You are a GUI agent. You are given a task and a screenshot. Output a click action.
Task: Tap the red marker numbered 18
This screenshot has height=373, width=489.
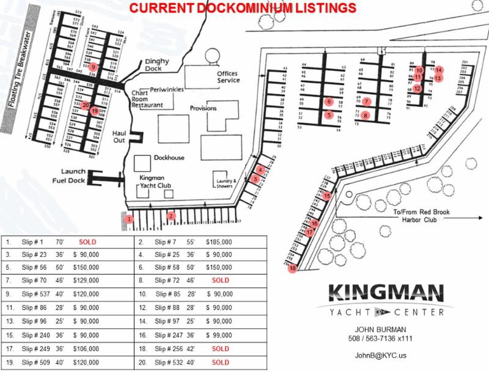coord(293,269)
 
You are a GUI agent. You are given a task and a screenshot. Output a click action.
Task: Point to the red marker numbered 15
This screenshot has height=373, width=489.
coord(327,196)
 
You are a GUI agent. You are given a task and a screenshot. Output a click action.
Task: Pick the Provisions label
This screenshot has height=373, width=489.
coord(204,108)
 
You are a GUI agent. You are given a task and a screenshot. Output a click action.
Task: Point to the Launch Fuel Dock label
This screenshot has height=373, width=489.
coord(73,175)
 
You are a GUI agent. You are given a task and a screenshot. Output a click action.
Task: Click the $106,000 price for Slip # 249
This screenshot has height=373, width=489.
coord(86,349)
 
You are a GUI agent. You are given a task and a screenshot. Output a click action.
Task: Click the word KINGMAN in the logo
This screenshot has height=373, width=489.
coord(384,292)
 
